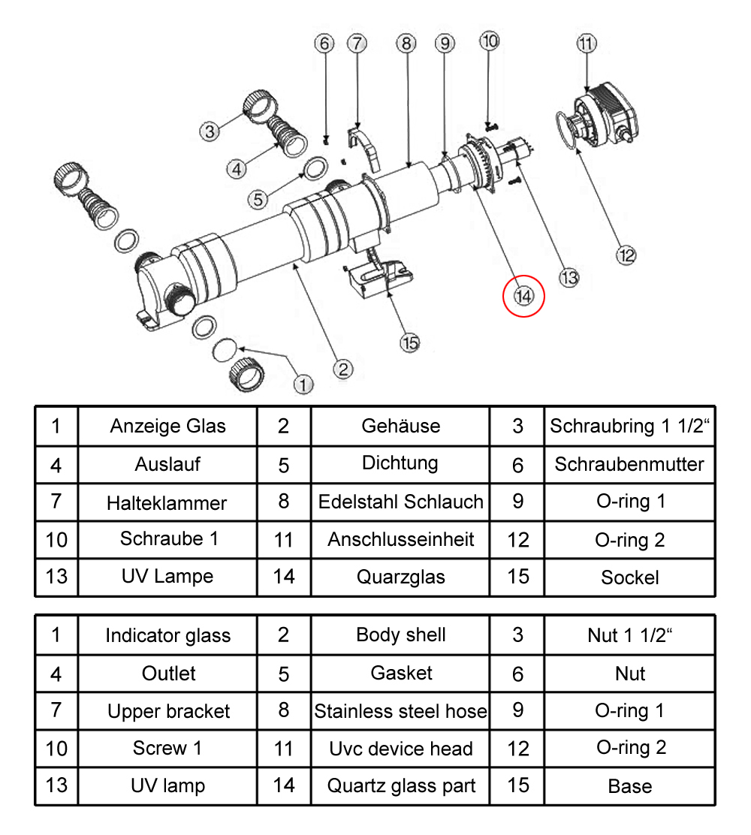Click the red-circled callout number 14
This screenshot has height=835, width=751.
point(523,296)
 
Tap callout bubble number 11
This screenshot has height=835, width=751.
point(587,44)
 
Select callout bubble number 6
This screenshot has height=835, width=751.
point(324,44)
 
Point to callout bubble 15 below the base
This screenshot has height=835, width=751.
point(409,342)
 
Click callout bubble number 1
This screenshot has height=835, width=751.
point(302,384)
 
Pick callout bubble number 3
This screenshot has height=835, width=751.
point(210,131)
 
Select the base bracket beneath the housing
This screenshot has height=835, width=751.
point(379,276)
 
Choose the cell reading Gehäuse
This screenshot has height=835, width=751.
point(400,427)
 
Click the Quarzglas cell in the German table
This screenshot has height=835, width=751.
point(400,577)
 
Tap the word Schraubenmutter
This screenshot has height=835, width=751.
point(629,465)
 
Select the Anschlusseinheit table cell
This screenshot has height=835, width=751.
point(400,539)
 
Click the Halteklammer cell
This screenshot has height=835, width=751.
point(167,502)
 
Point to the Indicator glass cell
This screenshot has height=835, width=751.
point(167,635)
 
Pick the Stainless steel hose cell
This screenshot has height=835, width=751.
point(400,710)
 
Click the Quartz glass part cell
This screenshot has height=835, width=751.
point(400,786)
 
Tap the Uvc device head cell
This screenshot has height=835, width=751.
point(400,749)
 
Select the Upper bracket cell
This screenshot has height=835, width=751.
point(168,711)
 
